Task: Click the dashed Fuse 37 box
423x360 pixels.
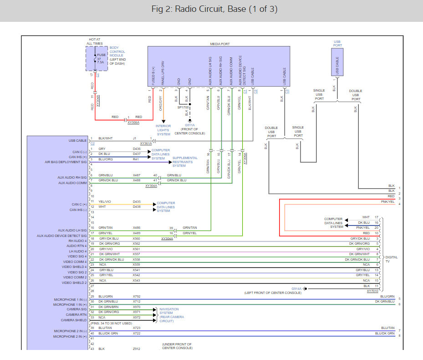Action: [x=97, y=59]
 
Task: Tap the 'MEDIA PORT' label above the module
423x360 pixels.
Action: [x=220, y=44]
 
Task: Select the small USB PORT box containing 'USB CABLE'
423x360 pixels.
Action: [x=337, y=62]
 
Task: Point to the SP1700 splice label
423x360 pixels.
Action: [x=183, y=107]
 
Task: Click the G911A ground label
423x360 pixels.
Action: [x=190, y=125]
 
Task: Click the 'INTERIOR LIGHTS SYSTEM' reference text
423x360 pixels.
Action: [x=163, y=130]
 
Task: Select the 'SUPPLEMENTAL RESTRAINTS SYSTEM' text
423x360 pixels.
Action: [x=185, y=162]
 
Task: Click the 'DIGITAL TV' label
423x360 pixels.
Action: [x=392, y=259]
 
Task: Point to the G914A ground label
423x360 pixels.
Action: [x=296, y=289]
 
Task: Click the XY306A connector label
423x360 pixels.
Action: [x=133, y=122]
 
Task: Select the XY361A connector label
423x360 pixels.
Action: [x=146, y=144]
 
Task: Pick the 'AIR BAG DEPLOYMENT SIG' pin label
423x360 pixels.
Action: [x=66, y=162]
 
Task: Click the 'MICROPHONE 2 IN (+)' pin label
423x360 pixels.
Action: [x=70, y=336]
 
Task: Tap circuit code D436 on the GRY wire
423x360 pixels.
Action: [x=137, y=149]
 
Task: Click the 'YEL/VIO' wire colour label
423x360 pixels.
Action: [x=105, y=202]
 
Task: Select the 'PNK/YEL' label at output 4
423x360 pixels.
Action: [x=387, y=202]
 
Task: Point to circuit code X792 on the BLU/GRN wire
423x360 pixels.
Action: [x=137, y=297]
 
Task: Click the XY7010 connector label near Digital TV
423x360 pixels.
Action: [x=372, y=291]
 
